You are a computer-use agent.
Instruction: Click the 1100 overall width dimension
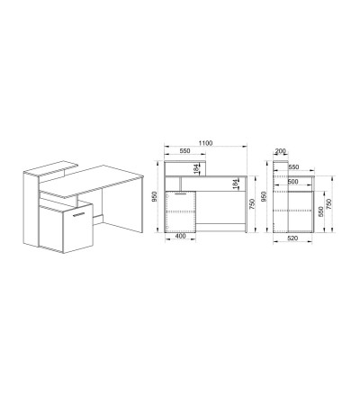[205, 143]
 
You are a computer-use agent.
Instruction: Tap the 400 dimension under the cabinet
[180, 236]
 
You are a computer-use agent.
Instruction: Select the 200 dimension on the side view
[280, 151]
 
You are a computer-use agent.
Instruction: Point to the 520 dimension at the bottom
[292, 238]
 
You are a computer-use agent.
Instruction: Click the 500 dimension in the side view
[292, 182]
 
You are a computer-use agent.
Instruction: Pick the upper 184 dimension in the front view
[196, 168]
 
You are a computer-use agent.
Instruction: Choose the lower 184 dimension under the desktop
[236, 184]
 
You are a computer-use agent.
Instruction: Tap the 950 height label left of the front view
[155, 196]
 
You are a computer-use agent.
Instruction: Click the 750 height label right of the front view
[252, 204]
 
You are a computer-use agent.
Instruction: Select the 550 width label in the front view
[184, 151]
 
